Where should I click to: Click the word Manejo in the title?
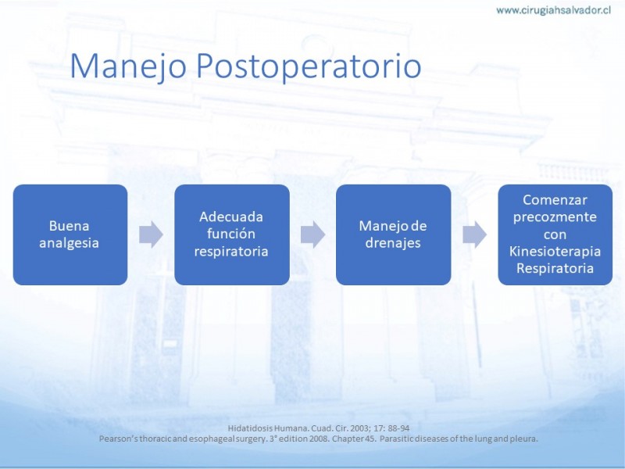click(x=128, y=66)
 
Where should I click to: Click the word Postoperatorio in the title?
click(x=309, y=66)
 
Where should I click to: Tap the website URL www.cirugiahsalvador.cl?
click(x=553, y=10)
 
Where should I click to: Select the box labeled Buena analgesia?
click(x=70, y=234)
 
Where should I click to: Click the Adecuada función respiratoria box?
click(x=232, y=234)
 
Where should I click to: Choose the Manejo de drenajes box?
click(x=394, y=234)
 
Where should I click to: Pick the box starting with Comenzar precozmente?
click(x=555, y=234)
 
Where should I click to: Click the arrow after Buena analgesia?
click(x=151, y=234)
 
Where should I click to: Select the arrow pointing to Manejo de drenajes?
click(x=313, y=234)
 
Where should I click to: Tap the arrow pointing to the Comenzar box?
click(x=475, y=234)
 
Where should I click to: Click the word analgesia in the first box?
click(x=69, y=244)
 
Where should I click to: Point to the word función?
click(x=231, y=234)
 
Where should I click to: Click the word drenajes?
click(x=393, y=243)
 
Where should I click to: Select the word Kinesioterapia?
click(x=555, y=252)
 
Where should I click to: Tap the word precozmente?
click(x=555, y=218)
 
